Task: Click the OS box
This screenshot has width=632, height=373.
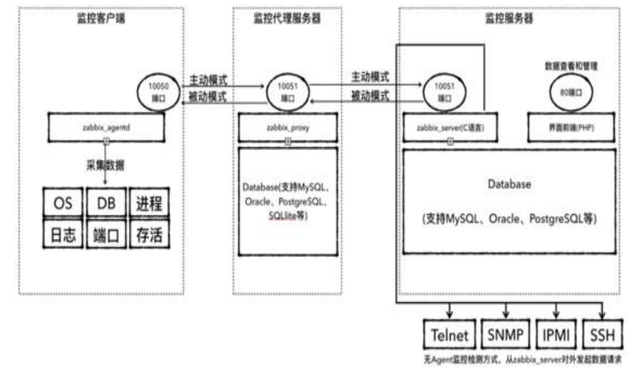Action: click(63, 203)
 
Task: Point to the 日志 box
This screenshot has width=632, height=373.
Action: click(63, 235)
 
